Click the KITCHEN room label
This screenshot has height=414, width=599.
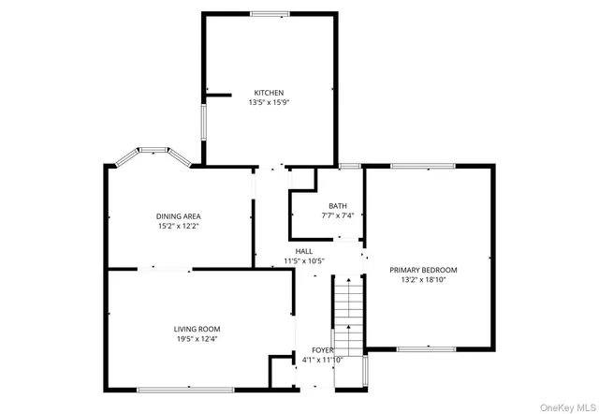pos(269,93)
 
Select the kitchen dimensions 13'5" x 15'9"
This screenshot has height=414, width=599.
pos(269,103)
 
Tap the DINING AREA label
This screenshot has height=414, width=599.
pos(178,216)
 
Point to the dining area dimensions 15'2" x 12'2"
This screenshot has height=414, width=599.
pos(178,227)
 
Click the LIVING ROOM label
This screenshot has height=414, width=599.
pos(197,329)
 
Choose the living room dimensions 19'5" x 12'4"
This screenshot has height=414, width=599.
pos(197,339)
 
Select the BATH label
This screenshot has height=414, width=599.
pos(337,206)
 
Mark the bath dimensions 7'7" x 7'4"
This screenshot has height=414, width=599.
pos(337,216)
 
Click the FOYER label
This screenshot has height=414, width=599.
pos(323,349)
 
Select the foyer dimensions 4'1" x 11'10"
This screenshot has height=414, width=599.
pos(323,360)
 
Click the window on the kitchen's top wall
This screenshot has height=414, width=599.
pos(270,13)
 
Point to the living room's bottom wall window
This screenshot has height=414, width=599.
pos(188,388)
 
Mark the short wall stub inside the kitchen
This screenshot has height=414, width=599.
pos(218,95)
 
